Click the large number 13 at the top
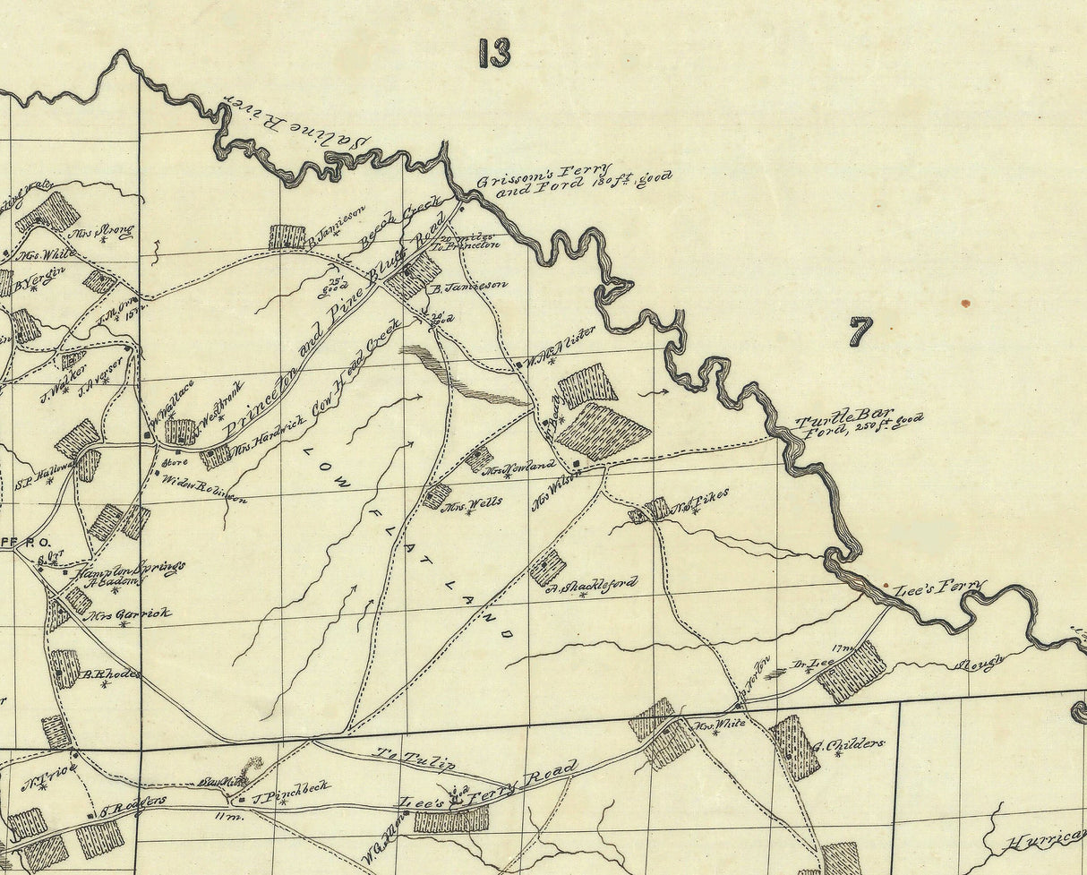494,54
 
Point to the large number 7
860,332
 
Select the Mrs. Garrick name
131,615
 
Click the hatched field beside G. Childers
795,746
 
